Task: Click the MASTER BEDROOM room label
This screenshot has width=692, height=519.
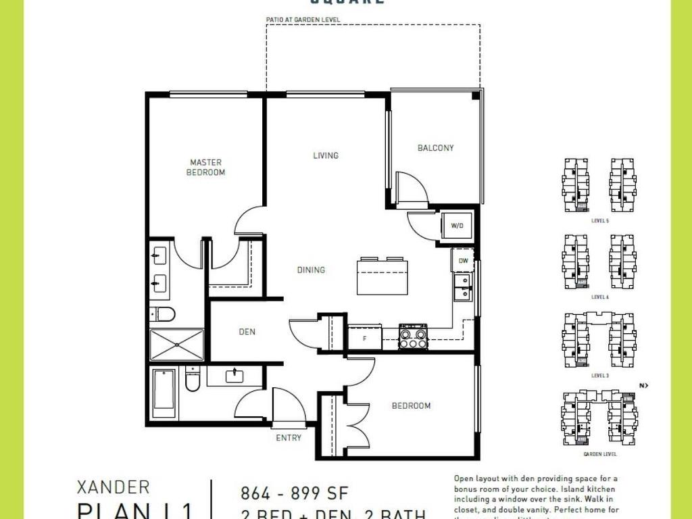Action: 206,168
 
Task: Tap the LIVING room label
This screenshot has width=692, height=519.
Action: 325,155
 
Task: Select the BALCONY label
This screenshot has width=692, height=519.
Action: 435,148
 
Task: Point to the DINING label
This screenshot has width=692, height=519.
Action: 311,270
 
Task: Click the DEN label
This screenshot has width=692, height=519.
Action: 247,332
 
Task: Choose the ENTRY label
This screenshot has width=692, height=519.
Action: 289,438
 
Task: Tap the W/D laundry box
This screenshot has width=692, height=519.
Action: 457,226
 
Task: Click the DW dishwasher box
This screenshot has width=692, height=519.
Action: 463,260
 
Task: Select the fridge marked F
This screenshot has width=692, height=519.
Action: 365,337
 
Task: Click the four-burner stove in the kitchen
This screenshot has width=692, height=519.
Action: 413,336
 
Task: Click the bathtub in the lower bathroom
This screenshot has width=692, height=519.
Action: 164,394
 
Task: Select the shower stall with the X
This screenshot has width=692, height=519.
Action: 176,345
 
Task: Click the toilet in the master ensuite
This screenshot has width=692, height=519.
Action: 163,314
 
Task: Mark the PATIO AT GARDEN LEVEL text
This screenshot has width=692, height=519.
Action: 303,20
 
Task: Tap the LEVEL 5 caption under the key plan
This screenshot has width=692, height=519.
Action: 599,221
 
